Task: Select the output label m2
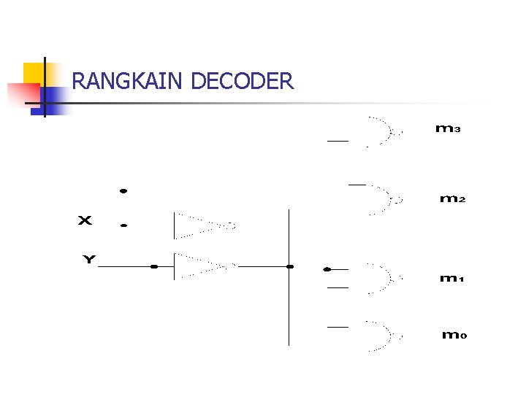point(452,198)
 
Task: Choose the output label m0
point(453,336)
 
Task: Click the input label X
point(85,220)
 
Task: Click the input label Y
point(88,259)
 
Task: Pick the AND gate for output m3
point(381,132)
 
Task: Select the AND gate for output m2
point(381,198)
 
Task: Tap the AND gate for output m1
point(381,278)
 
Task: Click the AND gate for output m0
point(381,336)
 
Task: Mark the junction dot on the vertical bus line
point(290,267)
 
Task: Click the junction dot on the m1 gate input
point(327,269)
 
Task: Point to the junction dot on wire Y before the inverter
point(153,267)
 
